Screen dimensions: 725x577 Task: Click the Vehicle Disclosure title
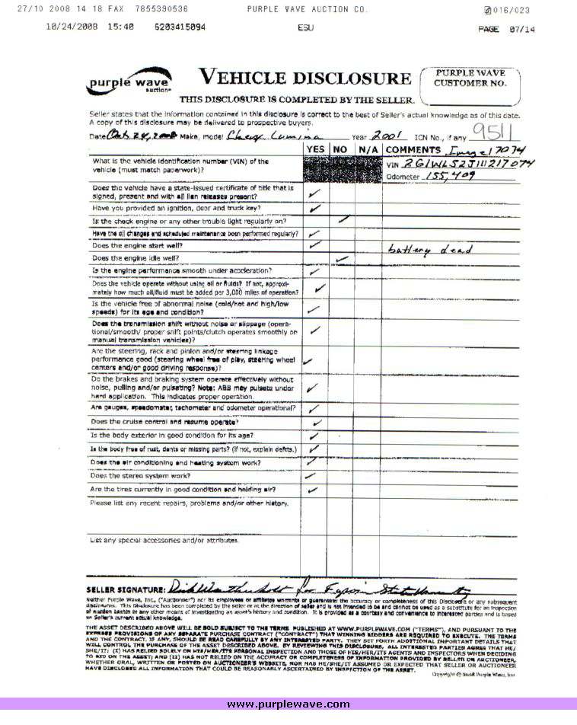304,78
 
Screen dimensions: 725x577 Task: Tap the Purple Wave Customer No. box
470,86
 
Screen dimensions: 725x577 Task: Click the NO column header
341,149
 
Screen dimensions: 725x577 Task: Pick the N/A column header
367,149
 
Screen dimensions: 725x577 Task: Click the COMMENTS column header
414,149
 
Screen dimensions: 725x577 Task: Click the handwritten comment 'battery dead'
431,250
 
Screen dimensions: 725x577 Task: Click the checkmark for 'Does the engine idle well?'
342,259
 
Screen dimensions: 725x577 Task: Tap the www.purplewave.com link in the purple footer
288,704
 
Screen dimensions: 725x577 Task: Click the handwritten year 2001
395,135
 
